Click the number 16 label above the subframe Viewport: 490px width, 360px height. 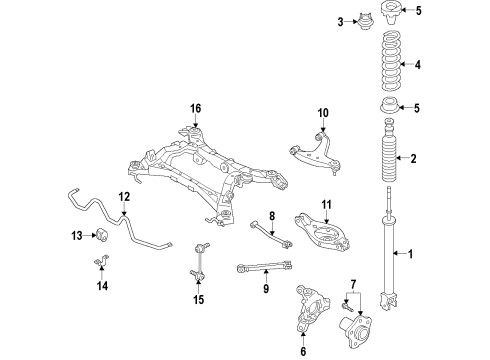(196, 108)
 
